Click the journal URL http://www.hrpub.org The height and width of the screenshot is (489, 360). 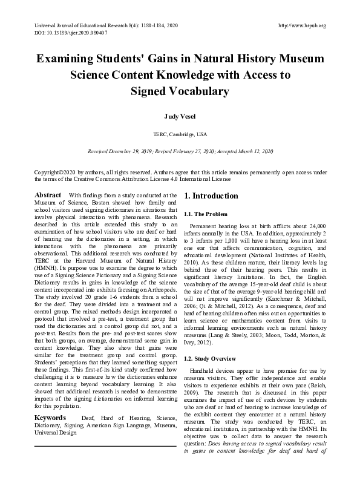click(x=301, y=25)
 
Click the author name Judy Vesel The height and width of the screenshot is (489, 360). click(x=180, y=114)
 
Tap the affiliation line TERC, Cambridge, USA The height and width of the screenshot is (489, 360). click(x=180, y=133)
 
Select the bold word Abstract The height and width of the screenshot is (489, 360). click(x=48, y=195)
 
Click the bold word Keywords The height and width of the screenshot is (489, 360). click(x=50, y=418)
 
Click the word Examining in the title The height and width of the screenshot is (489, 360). click(x=69, y=59)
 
